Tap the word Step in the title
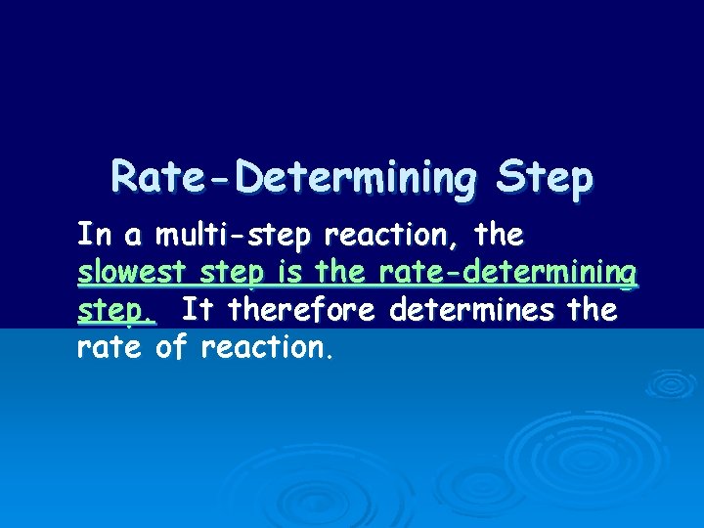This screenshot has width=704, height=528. (545, 178)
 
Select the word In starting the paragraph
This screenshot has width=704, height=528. (94, 236)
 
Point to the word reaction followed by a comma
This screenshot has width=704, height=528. (416, 236)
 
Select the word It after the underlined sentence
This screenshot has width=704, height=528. (198, 311)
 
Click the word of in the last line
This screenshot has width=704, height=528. (171, 348)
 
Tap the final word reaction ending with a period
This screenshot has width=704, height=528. (268, 348)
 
